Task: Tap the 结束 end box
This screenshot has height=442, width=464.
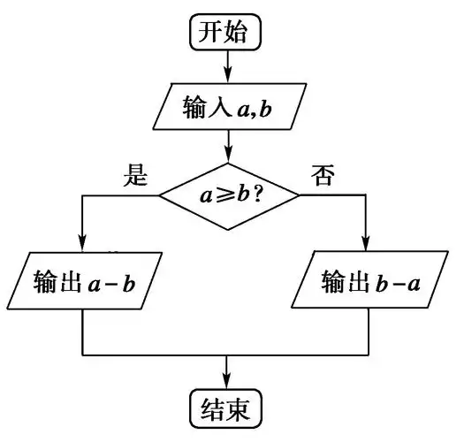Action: click(226, 408)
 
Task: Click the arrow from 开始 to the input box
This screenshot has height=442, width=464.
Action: click(228, 66)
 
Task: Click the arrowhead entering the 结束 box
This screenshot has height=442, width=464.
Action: click(228, 378)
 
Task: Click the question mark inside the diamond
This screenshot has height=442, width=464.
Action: click(260, 194)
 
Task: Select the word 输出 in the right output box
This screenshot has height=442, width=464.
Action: click(341, 284)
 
